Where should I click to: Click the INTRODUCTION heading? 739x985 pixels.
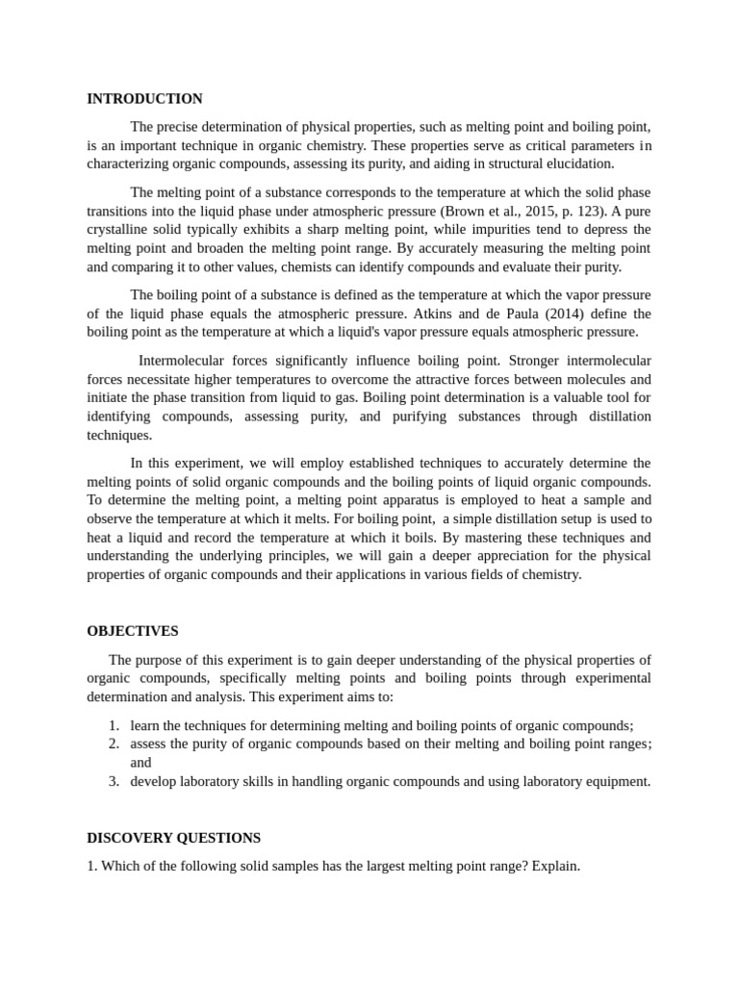point(144,99)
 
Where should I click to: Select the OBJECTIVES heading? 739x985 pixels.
point(132,631)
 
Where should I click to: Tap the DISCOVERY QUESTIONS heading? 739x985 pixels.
point(173,838)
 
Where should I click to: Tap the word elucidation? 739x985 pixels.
point(579,164)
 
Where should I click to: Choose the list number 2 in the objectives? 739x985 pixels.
point(113,744)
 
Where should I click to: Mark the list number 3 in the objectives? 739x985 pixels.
point(113,781)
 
